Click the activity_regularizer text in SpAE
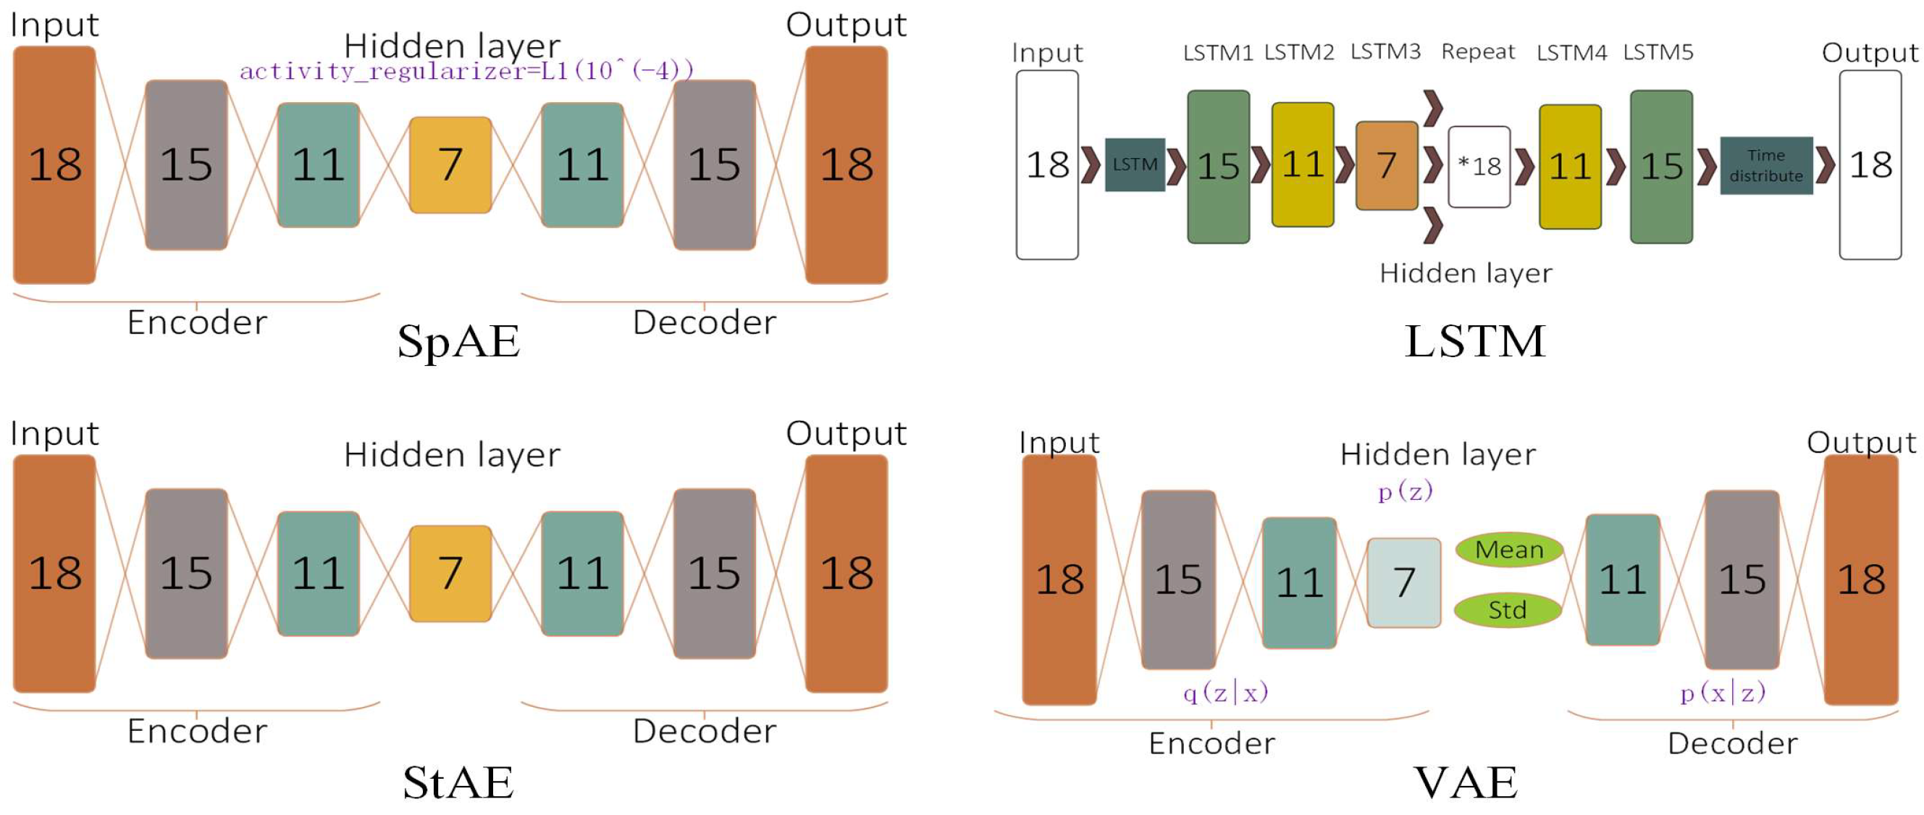coord(466,71)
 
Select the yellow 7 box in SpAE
coord(450,164)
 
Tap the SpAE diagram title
coord(458,341)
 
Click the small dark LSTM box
coord(1134,164)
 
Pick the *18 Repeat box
coord(1478,166)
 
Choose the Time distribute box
coord(1765,165)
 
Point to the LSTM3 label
coord(1385,51)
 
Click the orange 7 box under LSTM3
coord(1386,165)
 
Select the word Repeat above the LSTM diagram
coord(1477,51)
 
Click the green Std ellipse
coord(1507,609)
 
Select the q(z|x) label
coord(1226,693)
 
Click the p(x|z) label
coord(1723,693)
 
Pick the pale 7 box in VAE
coord(1403,582)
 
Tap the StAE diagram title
coord(458,782)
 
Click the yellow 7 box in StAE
coord(450,573)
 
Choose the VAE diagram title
coord(1466,782)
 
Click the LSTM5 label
coord(1658,52)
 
